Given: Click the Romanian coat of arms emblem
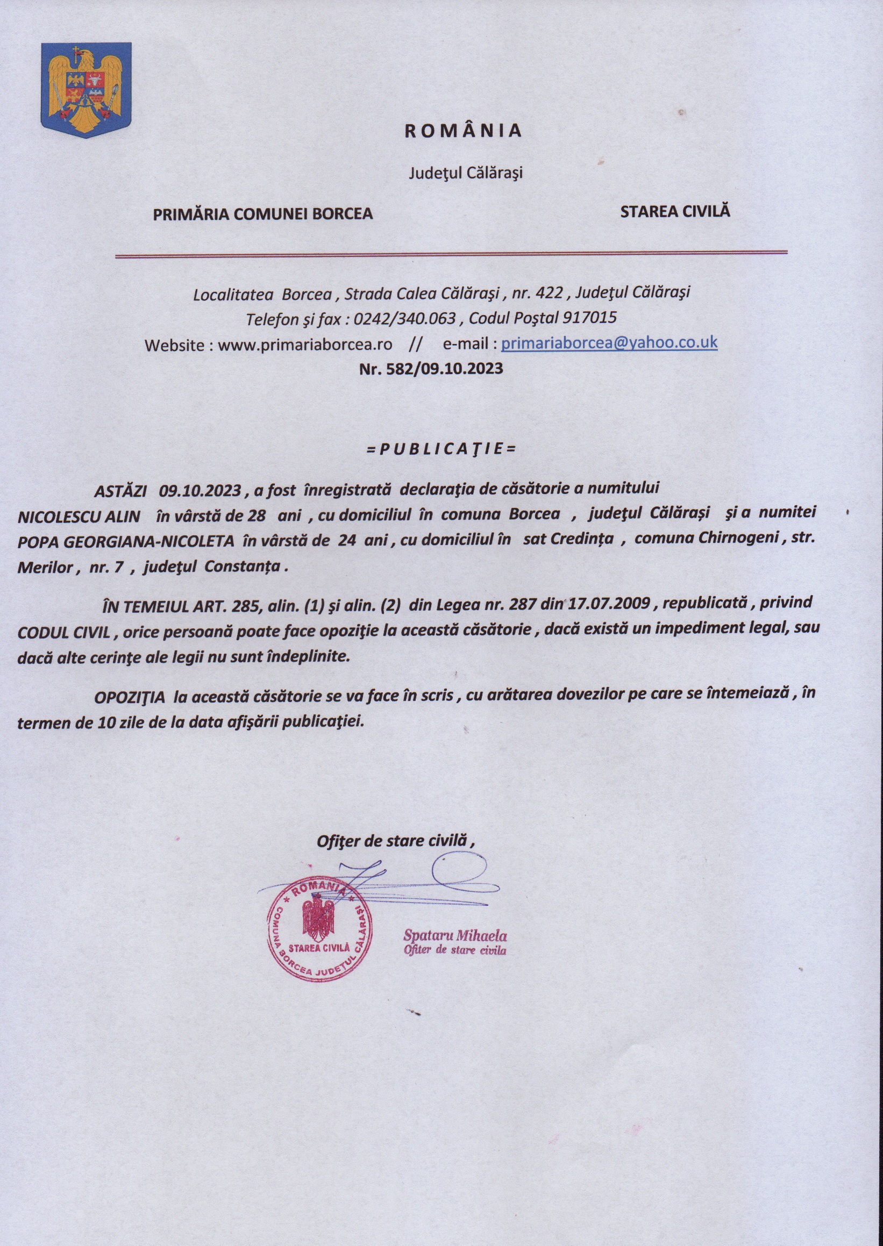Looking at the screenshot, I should coord(87,90).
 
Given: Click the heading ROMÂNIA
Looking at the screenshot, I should coord(463,131).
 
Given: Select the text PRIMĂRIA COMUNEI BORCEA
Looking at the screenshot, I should coord(262,214).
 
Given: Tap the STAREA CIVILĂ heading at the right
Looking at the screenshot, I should coord(675,211).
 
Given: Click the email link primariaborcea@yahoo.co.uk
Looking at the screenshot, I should coord(609,343).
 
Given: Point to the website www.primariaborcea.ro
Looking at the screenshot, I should coord(305,345).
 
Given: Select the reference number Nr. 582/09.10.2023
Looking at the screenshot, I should coord(431,369).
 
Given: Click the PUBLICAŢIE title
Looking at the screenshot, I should coord(440,450).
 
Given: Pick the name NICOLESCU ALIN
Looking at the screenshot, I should coord(80,515).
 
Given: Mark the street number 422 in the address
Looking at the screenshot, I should coord(549,293).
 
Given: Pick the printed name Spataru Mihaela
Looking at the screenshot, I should coord(454,936).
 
